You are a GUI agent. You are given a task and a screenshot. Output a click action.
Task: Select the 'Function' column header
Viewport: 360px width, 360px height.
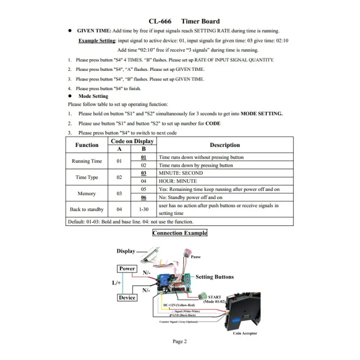pyautogui.click(x=87, y=145)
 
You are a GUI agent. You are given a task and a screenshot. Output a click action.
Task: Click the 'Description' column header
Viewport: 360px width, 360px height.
pyautogui.click(x=225, y=145)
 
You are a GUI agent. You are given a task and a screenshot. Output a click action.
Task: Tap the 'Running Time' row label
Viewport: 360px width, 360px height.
pyautogui.click(x=87, y=161)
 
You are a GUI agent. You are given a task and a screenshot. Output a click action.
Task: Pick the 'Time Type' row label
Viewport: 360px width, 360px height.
pyautogui.click(x=87, y=177)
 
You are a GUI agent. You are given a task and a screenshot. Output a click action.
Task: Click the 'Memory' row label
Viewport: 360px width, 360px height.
pyautogui.click(x=87, y=193)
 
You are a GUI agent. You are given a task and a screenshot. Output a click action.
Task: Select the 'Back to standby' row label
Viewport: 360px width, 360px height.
pyautogui.click(x=87, y=209)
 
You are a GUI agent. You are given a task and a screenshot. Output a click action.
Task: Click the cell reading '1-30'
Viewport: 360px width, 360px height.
pyautogui.click(x=144, y=209)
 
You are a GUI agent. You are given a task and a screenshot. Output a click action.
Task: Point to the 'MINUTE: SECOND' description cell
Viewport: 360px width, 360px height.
pyautogui.click(x=181, y=173)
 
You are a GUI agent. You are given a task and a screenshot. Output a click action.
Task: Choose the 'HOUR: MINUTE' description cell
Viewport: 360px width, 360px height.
pyautogui.click(x=178, y=181)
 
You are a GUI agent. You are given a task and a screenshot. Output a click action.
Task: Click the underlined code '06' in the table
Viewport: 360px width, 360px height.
pyautogui.click(x=144, y=198)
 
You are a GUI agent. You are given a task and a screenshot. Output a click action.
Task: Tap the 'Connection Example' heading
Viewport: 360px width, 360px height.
pyautogui.click(x=180, y=233)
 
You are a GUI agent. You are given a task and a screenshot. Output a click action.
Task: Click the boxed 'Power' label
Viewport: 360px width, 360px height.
pyautogui.click(x=127, y=269)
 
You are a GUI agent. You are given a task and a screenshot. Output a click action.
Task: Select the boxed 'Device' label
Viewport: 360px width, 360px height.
pyautogui.click(x=127, y=298)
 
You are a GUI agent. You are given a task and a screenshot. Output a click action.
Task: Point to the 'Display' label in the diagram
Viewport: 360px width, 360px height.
pyautogui.click(x=126, y=251)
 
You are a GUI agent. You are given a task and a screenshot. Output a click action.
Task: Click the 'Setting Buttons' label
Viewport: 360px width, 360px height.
pyautogui.click(x=214, y=277)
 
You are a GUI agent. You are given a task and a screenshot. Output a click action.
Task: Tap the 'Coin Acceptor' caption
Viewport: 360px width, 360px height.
pyautogui.click(x=245, y=333)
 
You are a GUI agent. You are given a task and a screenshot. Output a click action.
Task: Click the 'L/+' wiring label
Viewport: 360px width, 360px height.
pyautogui.click(x=117, y=283)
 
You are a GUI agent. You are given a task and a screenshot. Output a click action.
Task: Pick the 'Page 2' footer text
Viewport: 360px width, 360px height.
pyautogui.click(x=180, y=342)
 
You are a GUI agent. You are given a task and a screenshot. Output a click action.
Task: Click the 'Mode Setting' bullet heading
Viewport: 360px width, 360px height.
pyautogui.click(x=93, y=96)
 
